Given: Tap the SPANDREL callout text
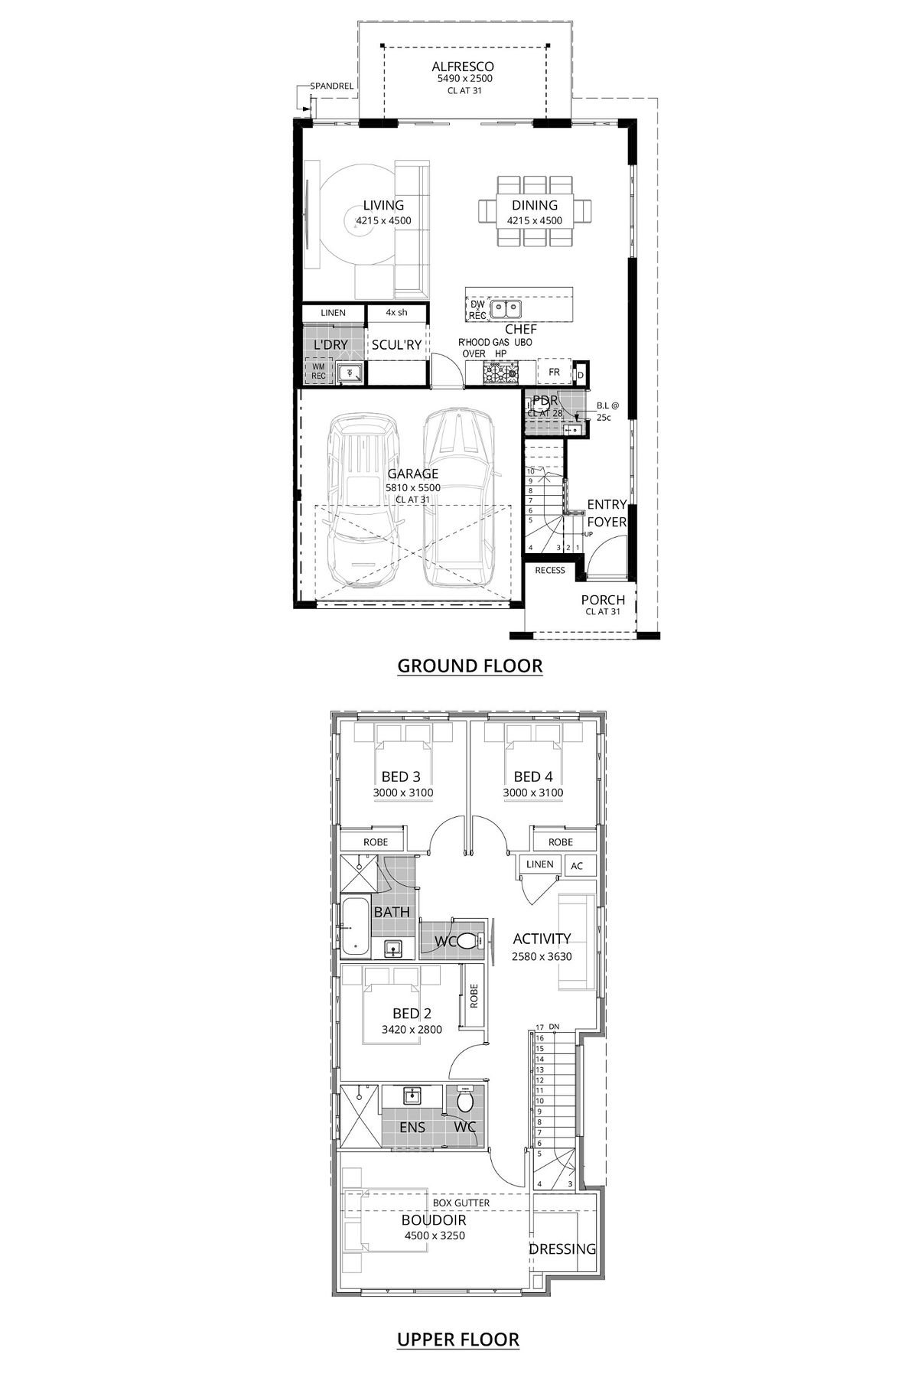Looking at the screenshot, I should click(x=331, y=86).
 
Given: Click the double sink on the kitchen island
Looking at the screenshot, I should click(x=506, y=309).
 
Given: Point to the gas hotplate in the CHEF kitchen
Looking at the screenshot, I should click(x=501, y=373).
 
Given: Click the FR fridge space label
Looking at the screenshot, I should click(x=555, y=373).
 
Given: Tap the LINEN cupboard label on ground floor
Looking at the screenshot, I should click(x=333, y=313).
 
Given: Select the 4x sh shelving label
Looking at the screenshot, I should click(x=396, y=313).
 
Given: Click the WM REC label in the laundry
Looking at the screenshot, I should click(x=318, y=371).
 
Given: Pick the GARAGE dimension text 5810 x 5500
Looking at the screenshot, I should click(x=412, y=487).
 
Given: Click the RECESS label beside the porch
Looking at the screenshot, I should click(x=550, y=570).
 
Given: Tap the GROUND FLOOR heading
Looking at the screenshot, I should click(x=470, y=666).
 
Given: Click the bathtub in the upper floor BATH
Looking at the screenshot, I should click(x=354, y=926).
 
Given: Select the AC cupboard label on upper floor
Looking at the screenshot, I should click(x=578, y=866).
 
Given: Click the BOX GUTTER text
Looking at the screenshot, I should click(x=461, y=1203).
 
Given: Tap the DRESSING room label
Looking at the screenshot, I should click(x=562, y=1249).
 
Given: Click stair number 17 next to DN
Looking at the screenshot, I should click(x=539, y=1027).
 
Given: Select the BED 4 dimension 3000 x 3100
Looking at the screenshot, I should click(x=533, y=793).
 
